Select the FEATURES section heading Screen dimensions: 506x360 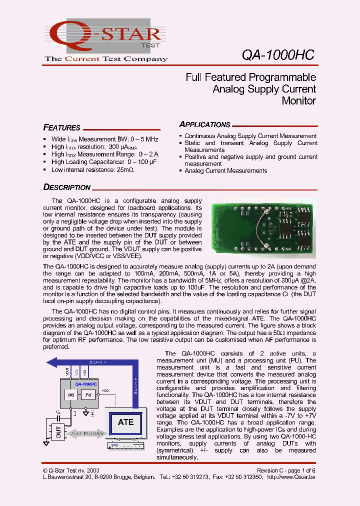[62, 127]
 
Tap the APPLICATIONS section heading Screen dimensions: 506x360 [205, 124]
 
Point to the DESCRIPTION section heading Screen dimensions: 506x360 [67, 187]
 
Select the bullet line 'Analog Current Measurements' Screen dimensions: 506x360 [225, 171]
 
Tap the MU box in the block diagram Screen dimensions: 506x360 [70, 394]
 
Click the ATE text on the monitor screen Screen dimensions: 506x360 [125, 422]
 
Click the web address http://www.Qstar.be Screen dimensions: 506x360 [292, 477]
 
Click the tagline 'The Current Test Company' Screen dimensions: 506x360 [106, 59]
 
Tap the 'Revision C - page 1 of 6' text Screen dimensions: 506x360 [286, 470]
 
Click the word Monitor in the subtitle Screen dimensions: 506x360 [298, 100]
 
